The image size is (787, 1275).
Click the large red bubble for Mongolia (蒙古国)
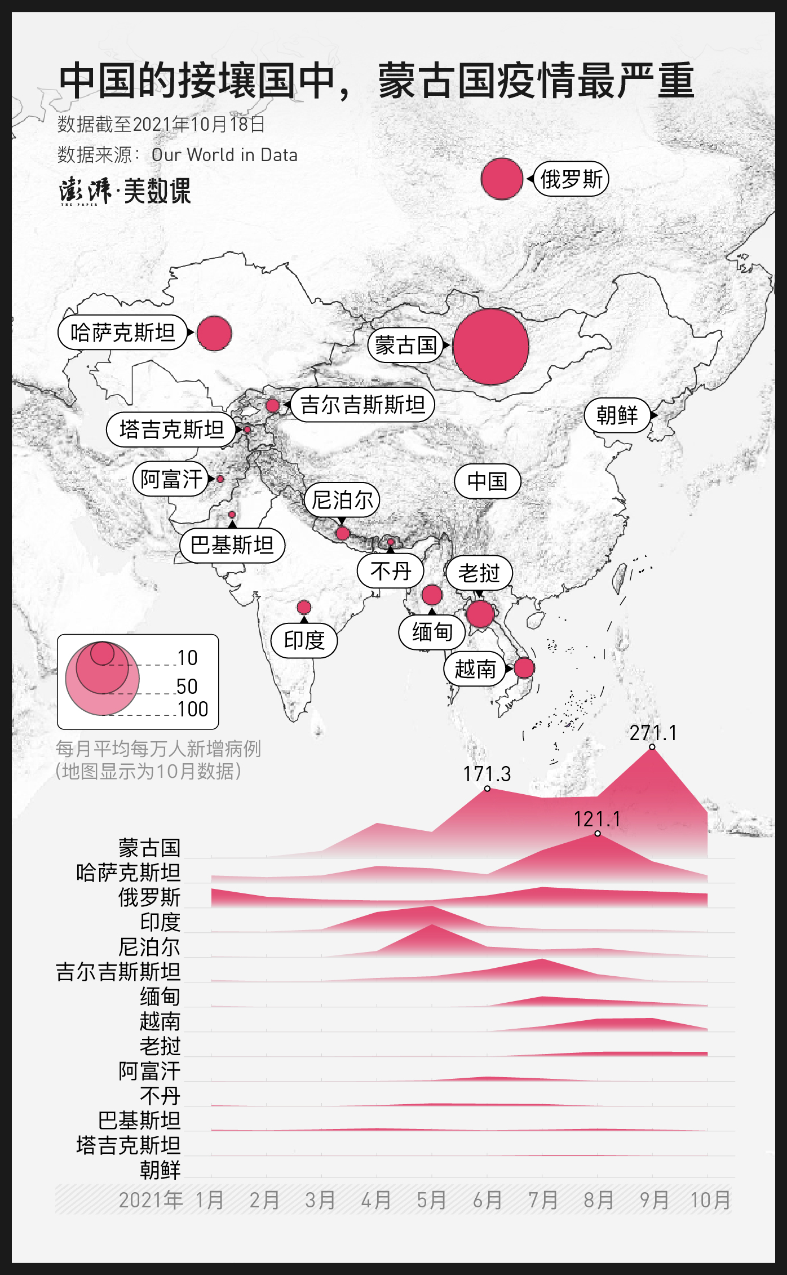pos(490,346)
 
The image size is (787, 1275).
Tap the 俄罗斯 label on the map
pos(571,179)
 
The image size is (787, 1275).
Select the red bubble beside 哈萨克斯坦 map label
pos(214,333)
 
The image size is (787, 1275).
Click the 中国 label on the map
pos(487,481)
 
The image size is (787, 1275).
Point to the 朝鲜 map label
pos(617,415)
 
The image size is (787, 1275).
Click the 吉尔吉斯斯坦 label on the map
pos(362,404)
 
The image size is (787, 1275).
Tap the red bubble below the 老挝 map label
pos(480,614)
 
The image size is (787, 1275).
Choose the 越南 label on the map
pos(475,669)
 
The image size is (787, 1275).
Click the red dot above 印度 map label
pos(304,607)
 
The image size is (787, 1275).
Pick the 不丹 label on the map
pos(390,571)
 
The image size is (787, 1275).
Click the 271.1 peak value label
pos(653,733)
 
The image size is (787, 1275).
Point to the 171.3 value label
pos(487,774)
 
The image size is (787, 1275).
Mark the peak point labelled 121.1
pos(598,833)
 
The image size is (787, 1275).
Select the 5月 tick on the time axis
pos(431,1200)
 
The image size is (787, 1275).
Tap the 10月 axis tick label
pos(710,1200)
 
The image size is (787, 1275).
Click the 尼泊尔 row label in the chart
pos(149,947)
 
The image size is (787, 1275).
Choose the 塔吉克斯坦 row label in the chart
pos(129,1145)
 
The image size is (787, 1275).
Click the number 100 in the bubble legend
pos(193,709)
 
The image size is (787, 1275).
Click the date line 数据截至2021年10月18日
pos(161,124)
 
